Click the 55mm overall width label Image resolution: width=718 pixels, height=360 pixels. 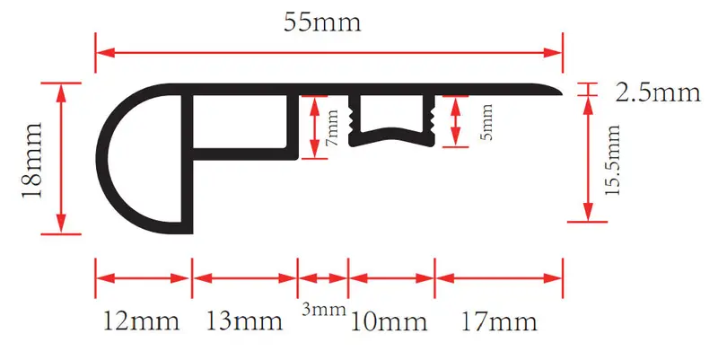[x=322, y=22]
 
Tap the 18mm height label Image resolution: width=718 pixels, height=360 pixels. [x=32, y=160]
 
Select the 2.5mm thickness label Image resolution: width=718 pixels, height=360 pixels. [x=658, y=92]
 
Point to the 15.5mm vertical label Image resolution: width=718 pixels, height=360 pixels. [x=612, y=160]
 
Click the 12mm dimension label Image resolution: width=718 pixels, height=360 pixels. [x=141, y=320]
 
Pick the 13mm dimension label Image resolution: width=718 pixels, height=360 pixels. [x=244, y=320]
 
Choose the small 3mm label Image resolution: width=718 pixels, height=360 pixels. [x=323, y=310]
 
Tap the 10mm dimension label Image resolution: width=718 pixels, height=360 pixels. [x=389, y=321]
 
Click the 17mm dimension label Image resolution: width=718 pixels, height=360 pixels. [x=499, y=321]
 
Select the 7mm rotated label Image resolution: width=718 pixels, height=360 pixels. [x=332, y=127]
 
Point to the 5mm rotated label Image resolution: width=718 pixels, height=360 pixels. [x=486, y=122]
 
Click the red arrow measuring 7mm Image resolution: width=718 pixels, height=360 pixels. [x=313, y=127]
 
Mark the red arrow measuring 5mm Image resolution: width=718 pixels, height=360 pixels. [x=455, y=122]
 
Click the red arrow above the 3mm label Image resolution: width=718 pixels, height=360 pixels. [x=323, y=278]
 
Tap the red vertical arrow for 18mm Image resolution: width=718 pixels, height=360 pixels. [x=61, y=159]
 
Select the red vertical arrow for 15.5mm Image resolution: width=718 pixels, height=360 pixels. [x=588, y=159]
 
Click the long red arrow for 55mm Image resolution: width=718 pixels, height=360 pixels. [x=328, y=52]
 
